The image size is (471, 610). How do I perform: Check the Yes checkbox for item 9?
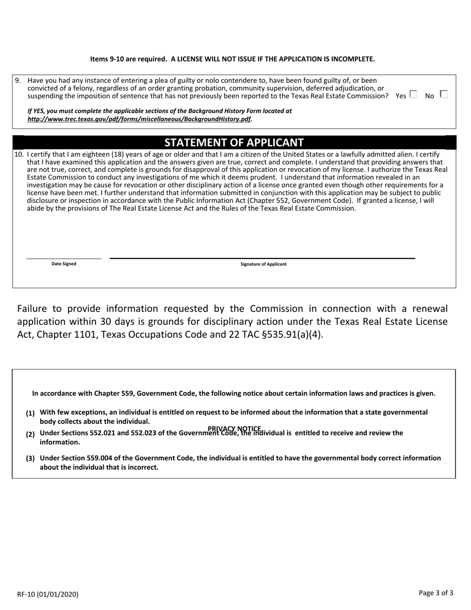coord(413,94)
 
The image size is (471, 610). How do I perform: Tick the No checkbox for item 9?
coord(443,94)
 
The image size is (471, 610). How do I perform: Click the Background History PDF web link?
coord(140,119)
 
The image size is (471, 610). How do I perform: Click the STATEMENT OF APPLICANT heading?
coord(234,143)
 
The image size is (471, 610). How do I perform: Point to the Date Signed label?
coord(64,264)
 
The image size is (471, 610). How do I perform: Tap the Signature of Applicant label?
coord(263,264)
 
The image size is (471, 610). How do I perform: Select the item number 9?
coord(18,80)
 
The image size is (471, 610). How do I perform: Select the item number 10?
coord(19,154)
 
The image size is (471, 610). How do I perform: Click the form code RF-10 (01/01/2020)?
coord(48,594)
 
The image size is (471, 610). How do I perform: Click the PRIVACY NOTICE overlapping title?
coord(235,428)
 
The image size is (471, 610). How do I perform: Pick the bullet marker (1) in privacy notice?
coord(30,413)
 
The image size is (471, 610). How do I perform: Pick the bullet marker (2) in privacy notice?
coord(30,434)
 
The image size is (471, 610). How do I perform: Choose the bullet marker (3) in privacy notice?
coord(30,459)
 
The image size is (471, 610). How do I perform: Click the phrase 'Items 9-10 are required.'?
coord(128,59)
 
